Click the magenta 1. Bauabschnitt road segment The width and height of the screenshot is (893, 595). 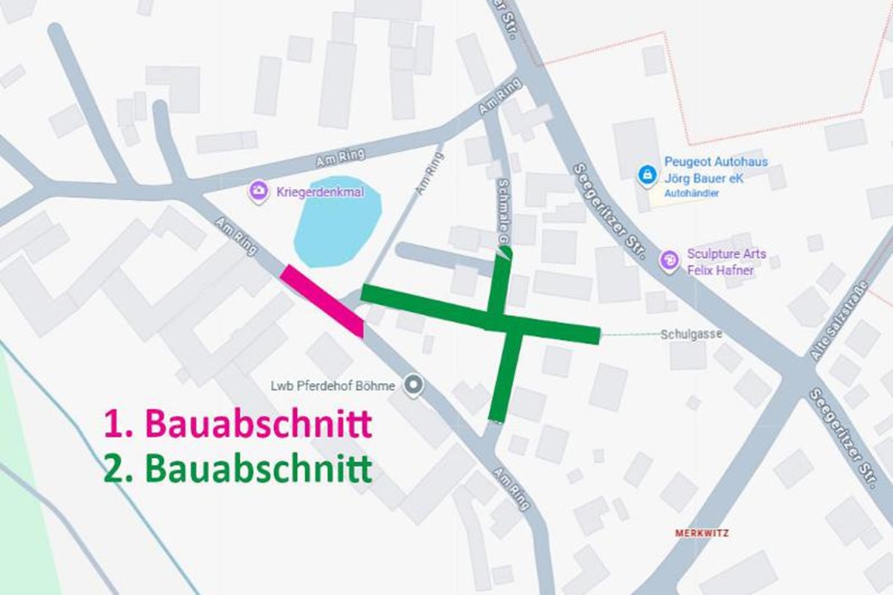[322, 301]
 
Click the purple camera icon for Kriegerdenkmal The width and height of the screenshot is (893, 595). [259, 192]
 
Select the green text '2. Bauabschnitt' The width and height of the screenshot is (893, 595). [237, 469]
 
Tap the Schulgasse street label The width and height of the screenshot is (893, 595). [691, 335]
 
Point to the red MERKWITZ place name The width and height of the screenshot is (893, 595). [702, 533]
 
